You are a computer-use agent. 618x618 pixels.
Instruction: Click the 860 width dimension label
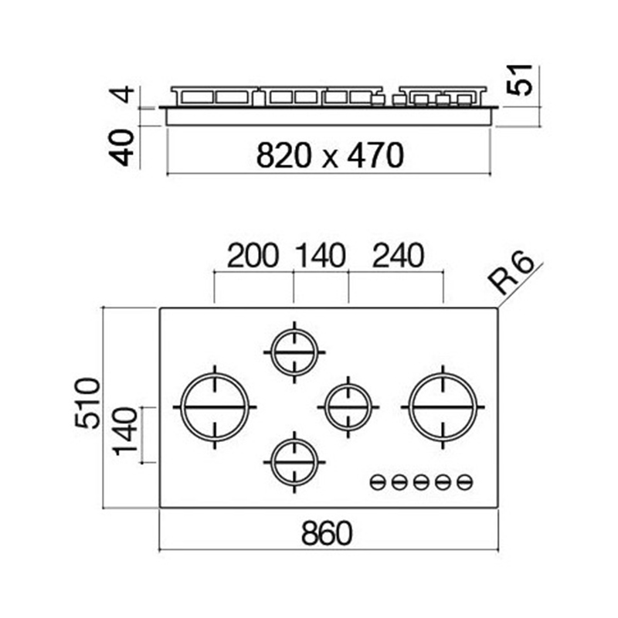click(x=326, y=533)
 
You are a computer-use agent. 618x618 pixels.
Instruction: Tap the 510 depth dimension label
click(x=87, y=403)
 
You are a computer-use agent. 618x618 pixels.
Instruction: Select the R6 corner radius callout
click(x=511, y=273)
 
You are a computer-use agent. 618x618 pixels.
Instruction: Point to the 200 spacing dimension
click(x=253, y=256)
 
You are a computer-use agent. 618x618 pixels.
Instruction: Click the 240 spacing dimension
click(x=398, y=256)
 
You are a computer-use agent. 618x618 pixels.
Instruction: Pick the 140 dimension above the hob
click(x=321, y=256)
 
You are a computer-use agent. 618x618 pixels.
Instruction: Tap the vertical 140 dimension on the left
click(x=125, y=432)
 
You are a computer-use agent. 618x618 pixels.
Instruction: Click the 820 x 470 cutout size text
click(x=330, y=155)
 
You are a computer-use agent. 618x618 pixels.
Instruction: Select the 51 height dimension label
click(x=519, y=80)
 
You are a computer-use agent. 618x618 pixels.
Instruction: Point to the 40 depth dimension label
click(x=121, y=148)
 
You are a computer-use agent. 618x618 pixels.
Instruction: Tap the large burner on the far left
click(x=215, y=407)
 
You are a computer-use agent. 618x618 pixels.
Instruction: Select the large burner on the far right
click(x=443, y=407)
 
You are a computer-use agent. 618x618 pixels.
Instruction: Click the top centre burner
click(x=294, y=352)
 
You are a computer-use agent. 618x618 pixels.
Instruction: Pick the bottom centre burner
click(x=294, y=462)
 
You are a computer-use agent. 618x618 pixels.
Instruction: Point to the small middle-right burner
click(x=348, y=407)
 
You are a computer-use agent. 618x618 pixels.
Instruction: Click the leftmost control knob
click(x=378, y=481)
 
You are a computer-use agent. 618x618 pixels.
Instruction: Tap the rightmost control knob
click(x=465, y=481)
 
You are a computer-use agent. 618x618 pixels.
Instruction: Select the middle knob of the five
click(x=421, y=481)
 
